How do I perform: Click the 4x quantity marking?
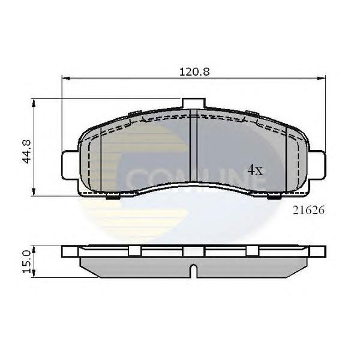click(x=255, y=170)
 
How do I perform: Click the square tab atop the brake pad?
click(x=191, y=104)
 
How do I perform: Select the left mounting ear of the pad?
click(x=69, y=162)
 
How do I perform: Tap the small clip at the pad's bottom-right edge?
click(x=274, y=196)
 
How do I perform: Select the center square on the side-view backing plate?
click(x=191, y=252)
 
